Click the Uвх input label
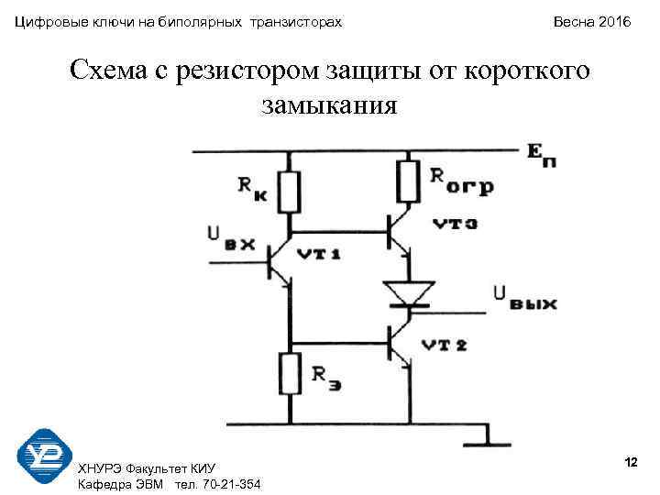coord(229,238)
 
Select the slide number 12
coord(631,460)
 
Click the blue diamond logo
coord(45,456)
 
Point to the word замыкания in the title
coord(329,105)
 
